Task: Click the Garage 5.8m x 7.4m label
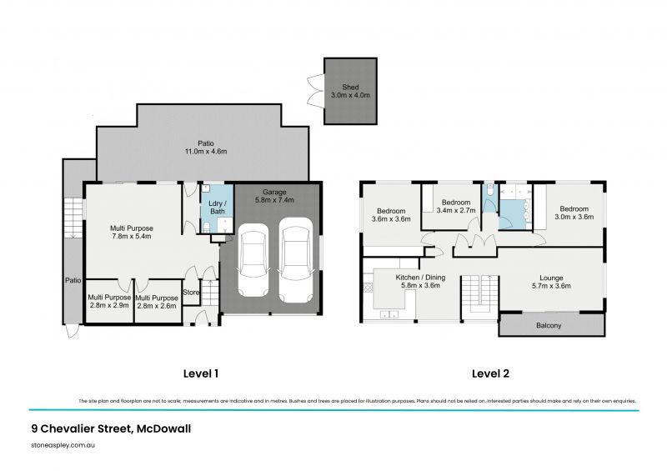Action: (x=275, y=196)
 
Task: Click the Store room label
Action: (x=191, y=292)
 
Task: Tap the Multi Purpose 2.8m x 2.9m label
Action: (x=108, y=302)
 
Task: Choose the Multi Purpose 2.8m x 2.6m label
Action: (x=156, y=302)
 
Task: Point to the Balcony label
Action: (x=549, y=325)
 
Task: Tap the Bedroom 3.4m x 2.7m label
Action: (x=456, y=207)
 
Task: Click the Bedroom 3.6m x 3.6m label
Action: (x=390, y=215)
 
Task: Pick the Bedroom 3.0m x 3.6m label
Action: (x=574, y=213)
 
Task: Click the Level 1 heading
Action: (x=200, y=373)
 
